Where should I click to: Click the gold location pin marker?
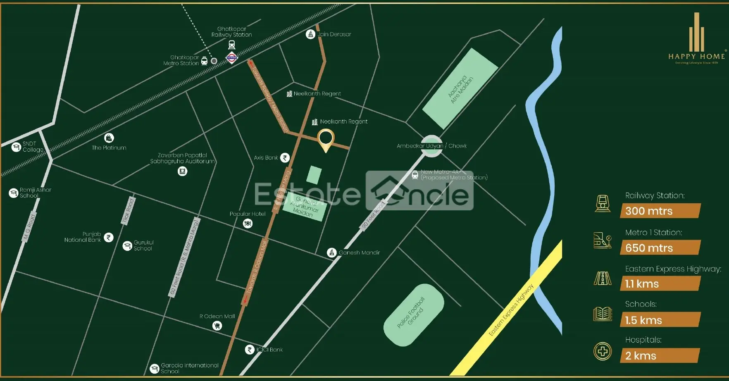[326, 139]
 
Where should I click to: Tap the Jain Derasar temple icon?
[310, 34]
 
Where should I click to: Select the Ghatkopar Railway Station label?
[231, 32]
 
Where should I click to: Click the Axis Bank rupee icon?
[285, 157]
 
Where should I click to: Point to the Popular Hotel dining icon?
[248, 224]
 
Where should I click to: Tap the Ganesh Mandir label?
[359, 252]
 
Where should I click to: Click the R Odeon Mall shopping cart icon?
[217, 326]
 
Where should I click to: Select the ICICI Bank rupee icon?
[249, 350]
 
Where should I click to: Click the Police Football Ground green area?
[413, 315]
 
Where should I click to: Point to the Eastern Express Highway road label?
[511, 310]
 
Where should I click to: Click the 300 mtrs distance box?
[660, 211]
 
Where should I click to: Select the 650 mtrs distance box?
[660, 248]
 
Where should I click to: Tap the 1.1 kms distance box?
[660, 284]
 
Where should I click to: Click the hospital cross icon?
[603, 351]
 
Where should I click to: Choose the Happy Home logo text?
[696, 56]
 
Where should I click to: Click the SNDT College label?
[32, 147]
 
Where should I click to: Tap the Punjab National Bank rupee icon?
[109, 237]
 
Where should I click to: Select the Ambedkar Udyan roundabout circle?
[431, 146]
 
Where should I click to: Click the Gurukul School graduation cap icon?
[127, 246]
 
